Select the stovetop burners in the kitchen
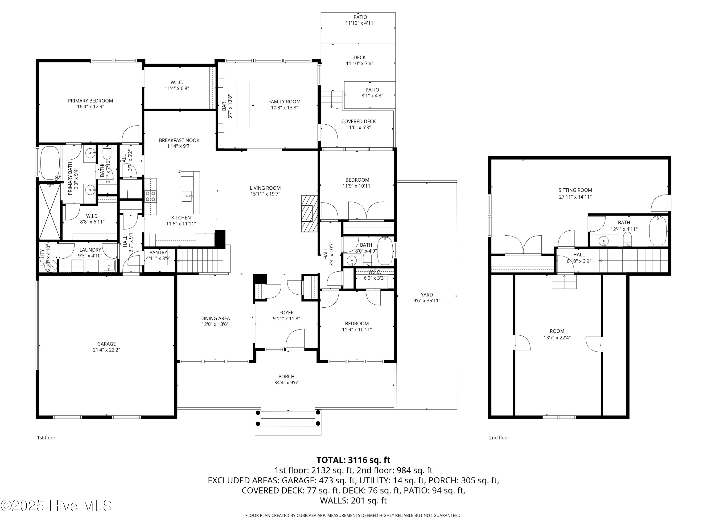(x=151, y=196)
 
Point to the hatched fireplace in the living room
(x=309, y=213)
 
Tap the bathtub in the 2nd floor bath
(x=658, y=231)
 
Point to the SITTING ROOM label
(x=575, y=190)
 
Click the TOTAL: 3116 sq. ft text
(x=353, y=460)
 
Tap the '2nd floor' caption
(x=499, y=438)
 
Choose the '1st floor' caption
(x=46, y=438)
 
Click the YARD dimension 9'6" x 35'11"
(x=427, y=301)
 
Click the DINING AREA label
(x=215, y=318)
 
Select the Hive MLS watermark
(x=56, y=506)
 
